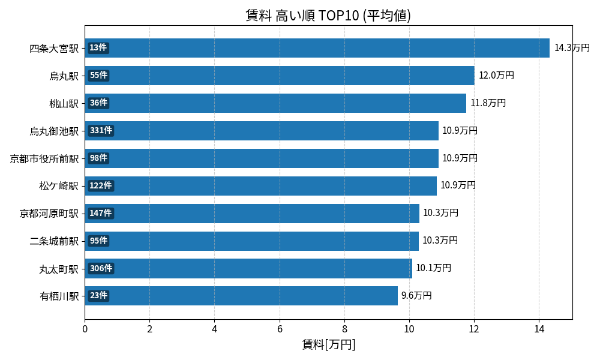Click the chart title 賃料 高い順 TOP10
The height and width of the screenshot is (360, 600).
[x=328, y=16]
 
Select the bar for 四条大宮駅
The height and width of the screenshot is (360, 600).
[x=317, y=48]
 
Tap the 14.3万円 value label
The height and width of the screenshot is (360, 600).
[x=572, y=48]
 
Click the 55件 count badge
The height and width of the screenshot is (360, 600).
[x=98, y=76]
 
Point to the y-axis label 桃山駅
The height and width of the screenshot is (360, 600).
[x=64, y=103]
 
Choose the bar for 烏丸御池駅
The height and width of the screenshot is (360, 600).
[x=262, y=131]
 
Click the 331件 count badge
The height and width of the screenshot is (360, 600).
[x=101, y=131]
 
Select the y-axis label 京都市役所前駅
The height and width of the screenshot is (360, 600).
[x=44, y=158]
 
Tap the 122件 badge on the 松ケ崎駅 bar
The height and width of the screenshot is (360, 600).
[x=101, y=186]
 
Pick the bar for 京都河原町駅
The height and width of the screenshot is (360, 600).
[x=252, y=214]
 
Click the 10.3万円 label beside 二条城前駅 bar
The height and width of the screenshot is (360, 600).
[x=440, y=241]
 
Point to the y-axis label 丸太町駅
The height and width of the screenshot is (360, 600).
[x=59, y=269]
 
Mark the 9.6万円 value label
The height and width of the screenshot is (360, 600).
[x=416, y=296]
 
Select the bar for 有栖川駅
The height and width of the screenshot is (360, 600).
[x=241, y=296]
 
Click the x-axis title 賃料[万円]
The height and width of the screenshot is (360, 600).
[x=328, y=344]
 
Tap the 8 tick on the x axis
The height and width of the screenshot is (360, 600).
[x=344, y=329]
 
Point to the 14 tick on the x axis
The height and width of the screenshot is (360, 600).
[x=539, y=329]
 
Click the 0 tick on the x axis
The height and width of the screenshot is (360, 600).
[x=85, y=329]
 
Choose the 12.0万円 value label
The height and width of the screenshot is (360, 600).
[x=496, y=76]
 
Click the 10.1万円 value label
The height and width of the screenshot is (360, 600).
[x=433, y=268]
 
